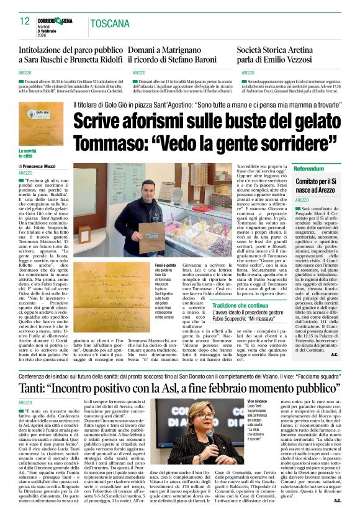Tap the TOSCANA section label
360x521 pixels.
109,24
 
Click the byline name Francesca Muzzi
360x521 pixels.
40,167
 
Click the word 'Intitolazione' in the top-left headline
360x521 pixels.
47,48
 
